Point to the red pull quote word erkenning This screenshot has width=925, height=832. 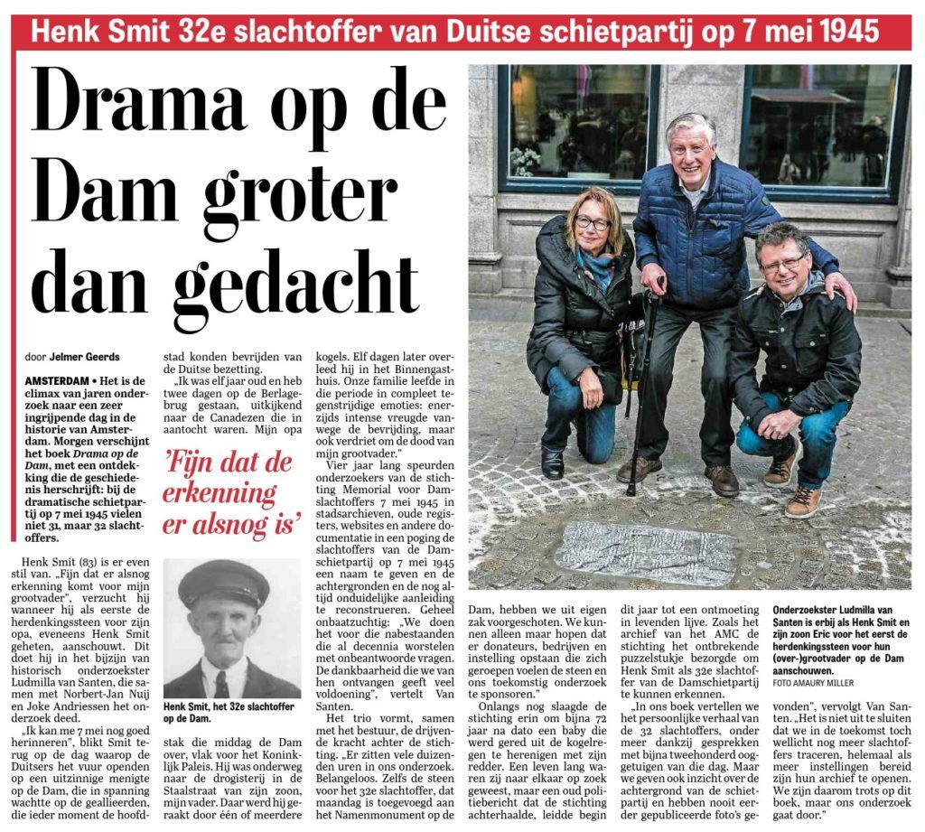pos(220,495)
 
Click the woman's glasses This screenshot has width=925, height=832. pos(593,222)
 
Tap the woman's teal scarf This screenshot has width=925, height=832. pos(598,266)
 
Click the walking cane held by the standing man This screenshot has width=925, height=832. pos(643,388)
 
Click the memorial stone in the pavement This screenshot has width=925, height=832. pos(645,551)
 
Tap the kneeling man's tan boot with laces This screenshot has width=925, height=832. pos(804,500)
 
